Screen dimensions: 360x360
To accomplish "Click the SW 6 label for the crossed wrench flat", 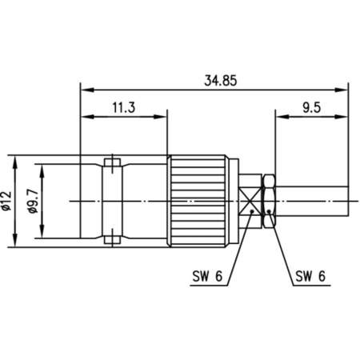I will coord(207,277).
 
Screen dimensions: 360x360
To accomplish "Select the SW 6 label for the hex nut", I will coord(308,277).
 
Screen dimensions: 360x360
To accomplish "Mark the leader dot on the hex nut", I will coord(270,212).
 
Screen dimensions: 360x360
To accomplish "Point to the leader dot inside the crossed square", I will coord(254,212).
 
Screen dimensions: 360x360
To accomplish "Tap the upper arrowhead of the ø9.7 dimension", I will coord(40,168).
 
